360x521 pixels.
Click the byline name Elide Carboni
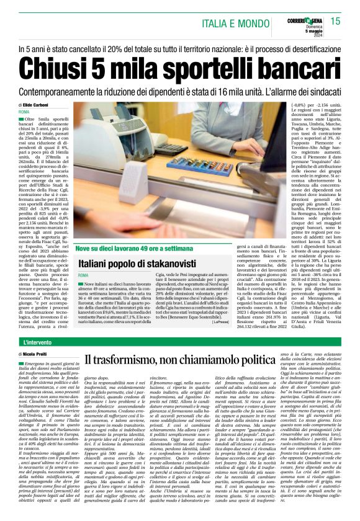(x=41, y=105)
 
